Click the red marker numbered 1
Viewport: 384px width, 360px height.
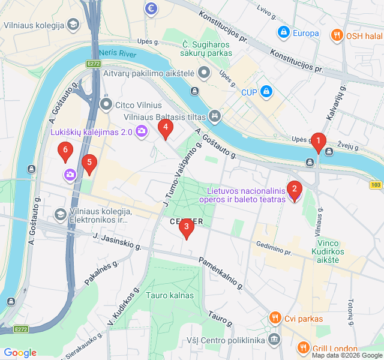pyautogui.click(x=318, y=142)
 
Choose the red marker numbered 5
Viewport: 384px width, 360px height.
pyautogui.click(x=89, y=163)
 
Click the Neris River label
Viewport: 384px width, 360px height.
pyautogui.click(x=118, y=53)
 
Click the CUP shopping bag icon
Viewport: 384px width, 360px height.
pyautogui.click(x=266, y=92)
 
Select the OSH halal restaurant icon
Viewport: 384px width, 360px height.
pyautogui.click(x=337, y=35)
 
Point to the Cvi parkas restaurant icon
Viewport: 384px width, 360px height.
pyautogui.click(x=275, y=318)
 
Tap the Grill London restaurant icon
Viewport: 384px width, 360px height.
pyautogui.click(x=303, y=348)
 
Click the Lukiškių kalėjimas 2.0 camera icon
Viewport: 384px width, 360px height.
pyautogui.click(x=142, y=130)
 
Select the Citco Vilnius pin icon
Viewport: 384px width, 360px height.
pyautogui.click(x=107, y=105)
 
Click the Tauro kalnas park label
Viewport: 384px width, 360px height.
pyautogui.click(x=170, y=295)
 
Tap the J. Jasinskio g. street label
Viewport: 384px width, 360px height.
pyautogui.click(x=116, y=242)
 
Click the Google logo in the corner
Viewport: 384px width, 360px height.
pyautogui.click(x=20, y=353)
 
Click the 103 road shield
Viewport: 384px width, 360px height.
pyautogui.click(x=376, y=185)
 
